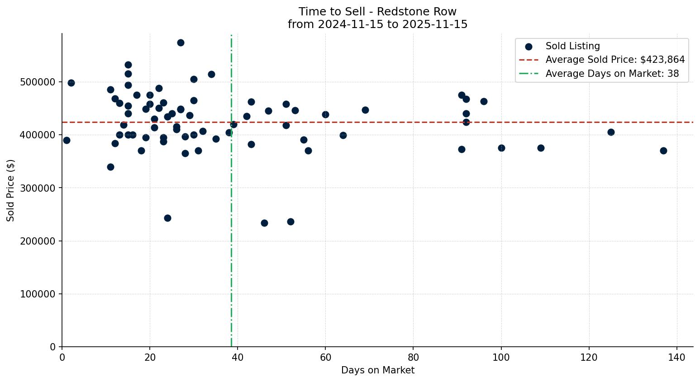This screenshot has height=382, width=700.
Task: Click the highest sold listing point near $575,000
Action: [x=181, y=43]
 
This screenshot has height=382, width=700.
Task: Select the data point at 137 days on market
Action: [x=663, y=151]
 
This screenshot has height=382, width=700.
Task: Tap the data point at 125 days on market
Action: [x=611, y=132]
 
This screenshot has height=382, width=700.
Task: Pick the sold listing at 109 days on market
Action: [x=541, y=148]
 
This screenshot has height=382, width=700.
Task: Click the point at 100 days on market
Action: [x=501, y=148]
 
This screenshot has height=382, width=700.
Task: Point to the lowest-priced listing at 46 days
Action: [x=264, y=223]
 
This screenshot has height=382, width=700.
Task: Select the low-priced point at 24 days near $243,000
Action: [x=167, y=218]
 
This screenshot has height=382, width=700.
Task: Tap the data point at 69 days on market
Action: [x=365, y=110]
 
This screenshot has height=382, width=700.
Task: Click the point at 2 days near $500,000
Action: [x=71, y=83]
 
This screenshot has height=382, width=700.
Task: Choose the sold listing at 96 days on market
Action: [x=484, y=102]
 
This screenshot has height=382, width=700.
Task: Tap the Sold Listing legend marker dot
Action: [x=529, y=47]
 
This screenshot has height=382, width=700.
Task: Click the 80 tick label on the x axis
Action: [x=413, y=357]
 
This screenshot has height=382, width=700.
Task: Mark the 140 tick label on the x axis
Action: [x=677, y=357]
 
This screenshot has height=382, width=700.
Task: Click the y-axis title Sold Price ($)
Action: [x=11, y=190]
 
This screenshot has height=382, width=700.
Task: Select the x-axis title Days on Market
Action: [x=378, y=371]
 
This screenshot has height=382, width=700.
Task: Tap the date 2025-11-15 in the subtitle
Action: [x=436, y=24]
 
